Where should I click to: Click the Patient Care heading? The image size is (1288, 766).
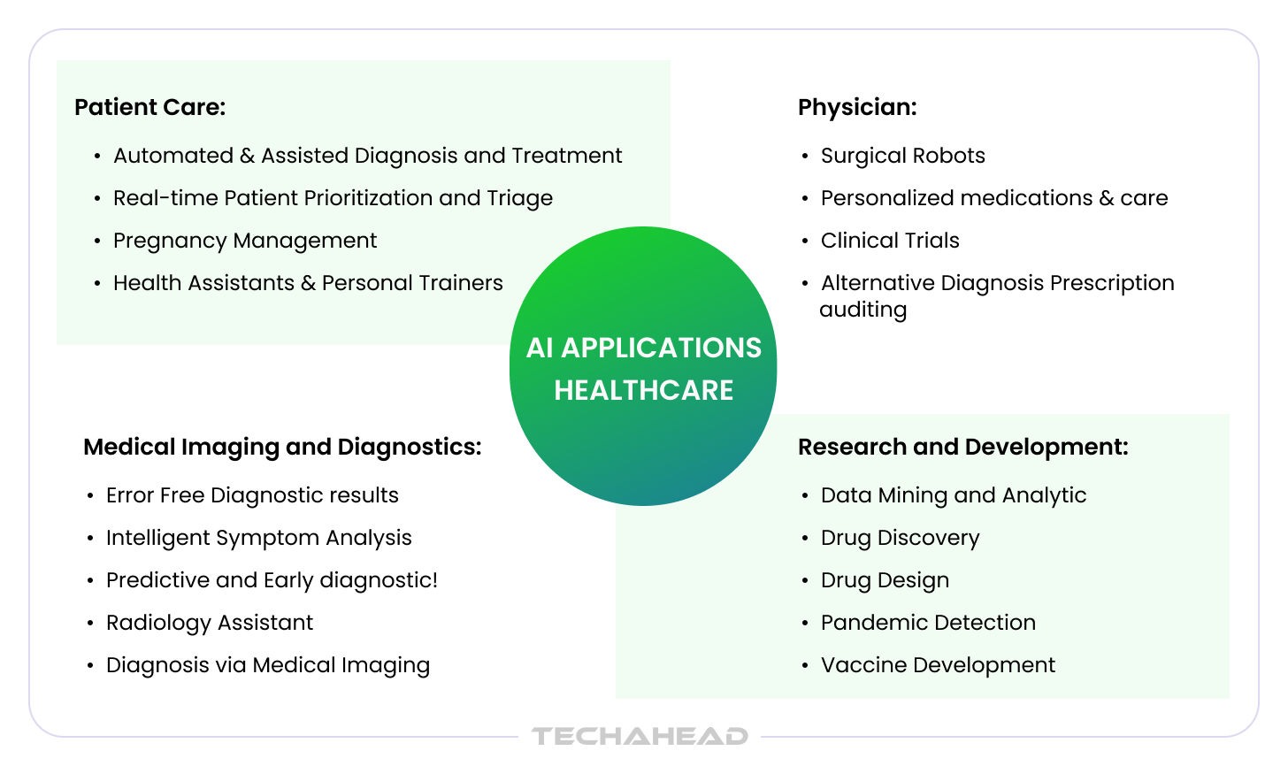tap(150, 108)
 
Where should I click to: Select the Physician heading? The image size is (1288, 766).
tap(857, 108)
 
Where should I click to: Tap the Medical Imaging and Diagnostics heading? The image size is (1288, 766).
tap(282, 448)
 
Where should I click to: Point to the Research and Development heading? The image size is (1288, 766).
tap(963, 448)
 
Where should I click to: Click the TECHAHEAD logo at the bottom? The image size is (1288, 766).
tap(640, 736)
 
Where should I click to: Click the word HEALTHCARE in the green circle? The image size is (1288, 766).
tap(643, 390)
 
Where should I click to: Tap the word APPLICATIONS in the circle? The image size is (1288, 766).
tap(662, 348)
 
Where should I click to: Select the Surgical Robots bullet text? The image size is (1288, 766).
tap(902, 156)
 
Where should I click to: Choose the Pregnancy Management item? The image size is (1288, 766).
tap(245, 241)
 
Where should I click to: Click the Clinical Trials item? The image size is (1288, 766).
tap(890, 241)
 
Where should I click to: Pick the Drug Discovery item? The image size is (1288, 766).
tap(900, 539)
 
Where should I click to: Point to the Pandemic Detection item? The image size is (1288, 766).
tap(928, 623)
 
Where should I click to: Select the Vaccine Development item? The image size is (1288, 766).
tap(938, 665)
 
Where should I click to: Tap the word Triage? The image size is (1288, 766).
tap(520, 199)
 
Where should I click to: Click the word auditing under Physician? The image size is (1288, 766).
tap(863, 310)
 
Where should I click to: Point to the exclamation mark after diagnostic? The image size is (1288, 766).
tap(434, 580)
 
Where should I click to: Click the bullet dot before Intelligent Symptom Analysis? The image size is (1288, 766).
tap(90, 539)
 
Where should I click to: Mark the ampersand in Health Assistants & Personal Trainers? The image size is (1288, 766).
tap(308, 284)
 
